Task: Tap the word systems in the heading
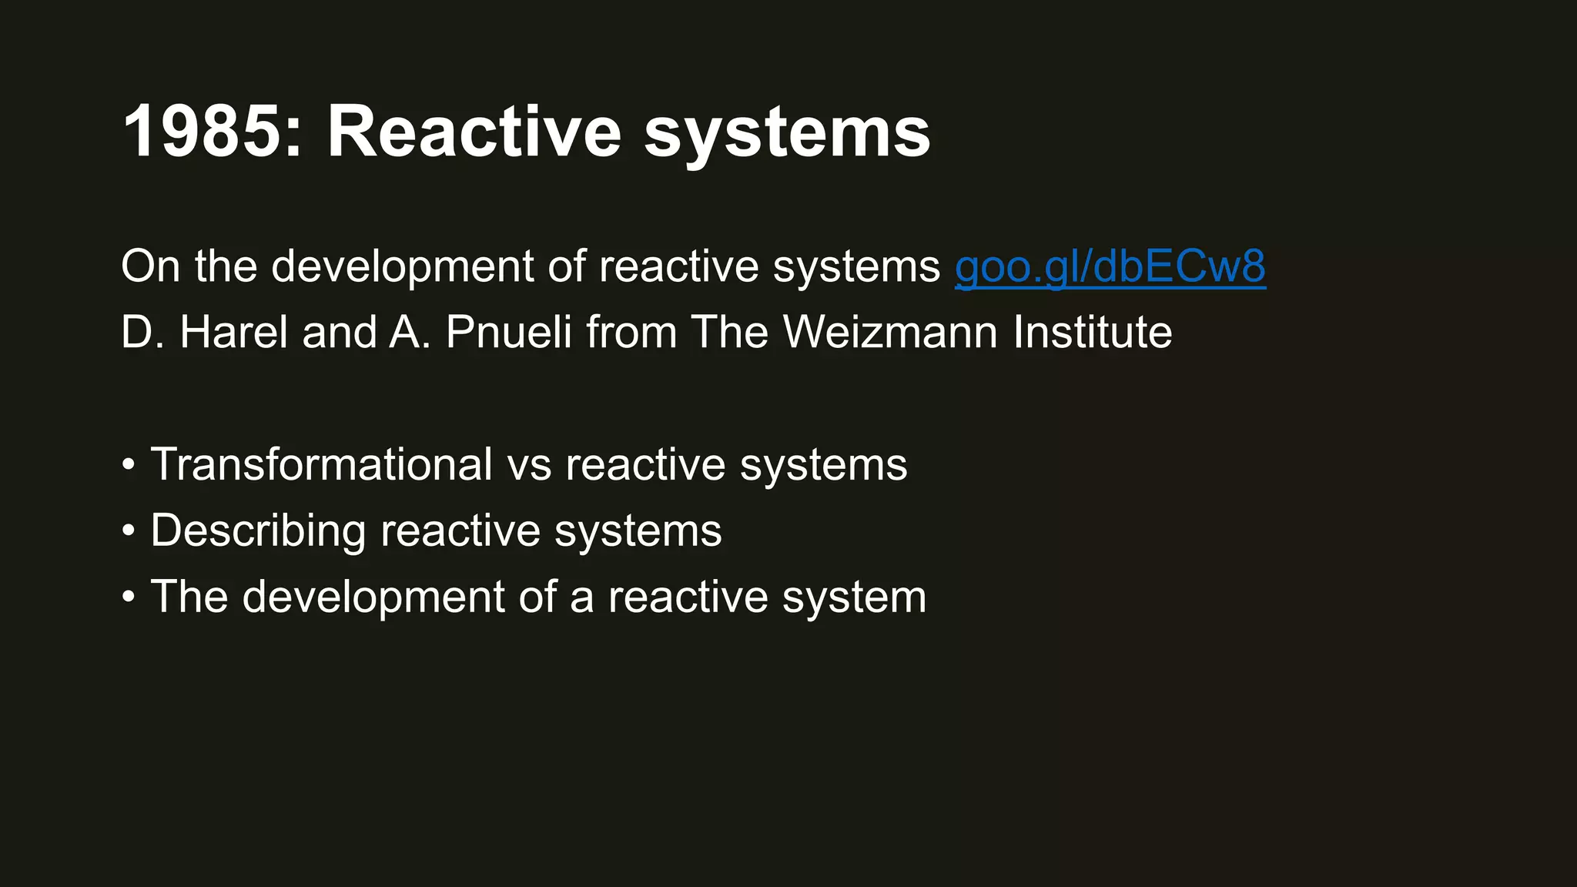click(787, 135)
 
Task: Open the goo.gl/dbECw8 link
click(1110, 266)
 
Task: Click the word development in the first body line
click(402, 268)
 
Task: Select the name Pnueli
click(508, 333)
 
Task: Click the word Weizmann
click(890, 333)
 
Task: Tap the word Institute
click(1092, 333)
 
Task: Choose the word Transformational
click(321, 464)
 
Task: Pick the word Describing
click(258, 531)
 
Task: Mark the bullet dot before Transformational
click(129, 465)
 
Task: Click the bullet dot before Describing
click(129, 531)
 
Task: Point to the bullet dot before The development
click(129, 597)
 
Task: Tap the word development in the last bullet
click(373, 598)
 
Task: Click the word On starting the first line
click(150, 266)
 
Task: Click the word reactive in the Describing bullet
click(460, 531)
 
